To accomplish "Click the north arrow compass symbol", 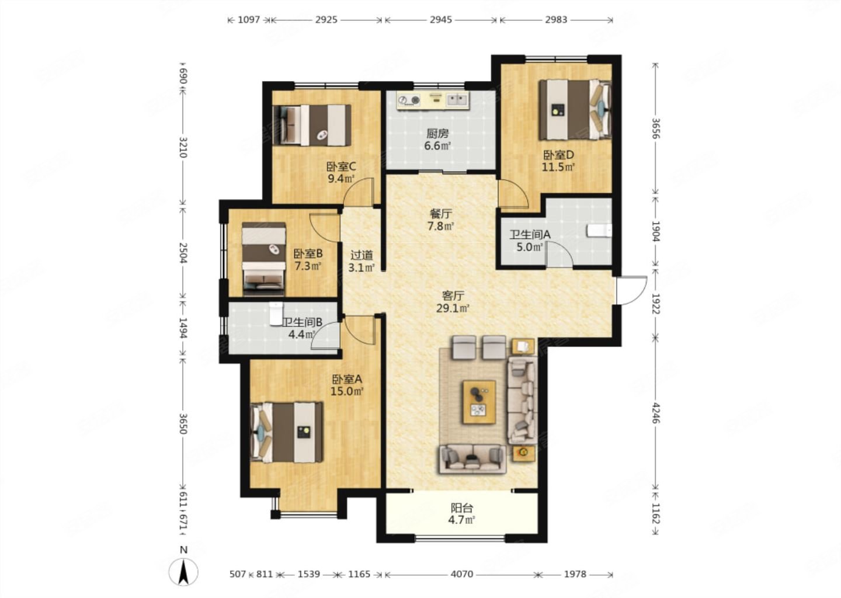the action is click(183, 572).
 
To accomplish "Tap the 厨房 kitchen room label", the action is click(437, 133).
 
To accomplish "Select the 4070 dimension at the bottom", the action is click(461, 574).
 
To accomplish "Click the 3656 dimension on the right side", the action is click(655, 128).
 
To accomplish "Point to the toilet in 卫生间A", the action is click(599, 231).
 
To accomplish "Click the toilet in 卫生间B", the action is click(276, 313).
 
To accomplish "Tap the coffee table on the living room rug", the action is click(479, 402).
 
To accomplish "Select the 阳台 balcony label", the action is click(461, 508).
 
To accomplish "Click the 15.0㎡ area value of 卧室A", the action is click(347, 391).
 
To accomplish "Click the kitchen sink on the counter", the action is click(456, 100).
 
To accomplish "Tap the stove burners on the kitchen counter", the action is click(409, 100).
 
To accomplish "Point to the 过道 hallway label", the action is click(362, 255).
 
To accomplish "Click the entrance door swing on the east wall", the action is click(631, 290).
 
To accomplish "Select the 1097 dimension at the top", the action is click(249, 19).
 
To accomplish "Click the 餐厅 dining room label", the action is click(441, 214).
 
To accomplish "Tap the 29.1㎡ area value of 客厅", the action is click(453, 308).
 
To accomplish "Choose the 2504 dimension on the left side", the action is click(183, 253).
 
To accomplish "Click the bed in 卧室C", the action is click(312, 125).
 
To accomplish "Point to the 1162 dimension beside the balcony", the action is click(655, 513).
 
